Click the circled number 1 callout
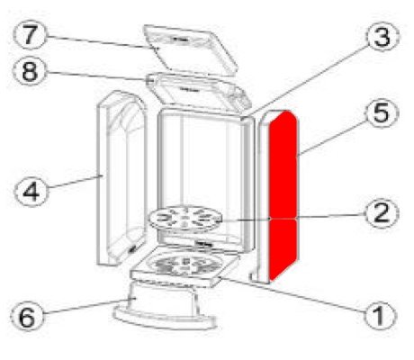pyautogui.click(x=380, y=315)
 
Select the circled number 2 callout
pyautogui.click(x=382, y=213)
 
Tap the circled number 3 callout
pyautogui.click(x=382, y=37)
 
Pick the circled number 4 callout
pyautogui.click(x=31, y=191)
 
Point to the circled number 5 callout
pyautogui.click(x=382, y=112)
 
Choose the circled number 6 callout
pyautogui.click(x=27, y=317)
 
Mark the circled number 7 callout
pyautogui.click(x=30, y=35)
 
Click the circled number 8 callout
pyautogui.click(x=30, y=71)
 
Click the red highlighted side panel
pyautogui.click(x=283, y=195)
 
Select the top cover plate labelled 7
pyautogui.click(x=190, y=49)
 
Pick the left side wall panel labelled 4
pyautogui.click(x=121, y=178)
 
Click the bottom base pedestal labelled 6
pyautogui.click(x=165, y=305)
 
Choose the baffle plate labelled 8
pyautogui.click(x=198, y=92)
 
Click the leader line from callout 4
pyautogui.click(x=75, y=182)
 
